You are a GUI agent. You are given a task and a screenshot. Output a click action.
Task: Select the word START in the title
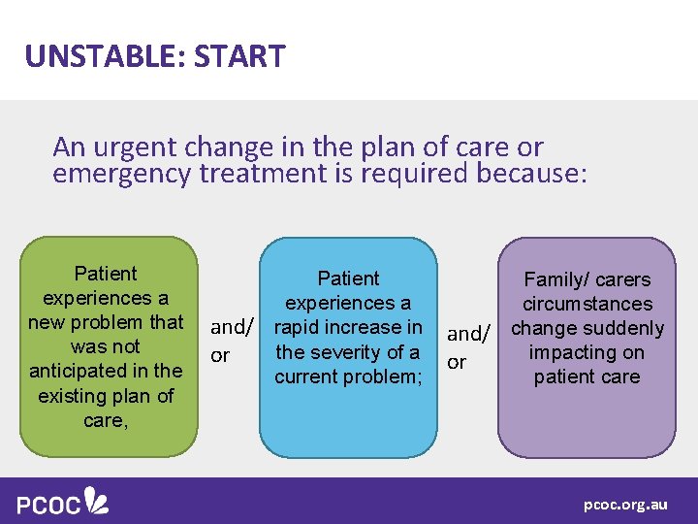(x=239, y=56)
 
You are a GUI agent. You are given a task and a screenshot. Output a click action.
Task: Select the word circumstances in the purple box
(x=587, y=304)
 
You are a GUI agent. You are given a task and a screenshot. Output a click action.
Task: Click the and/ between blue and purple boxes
(x=469, y=334)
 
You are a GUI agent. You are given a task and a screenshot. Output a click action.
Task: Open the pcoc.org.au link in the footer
(x=624, y=505)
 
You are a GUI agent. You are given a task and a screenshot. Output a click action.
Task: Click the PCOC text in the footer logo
(x=48, y=504)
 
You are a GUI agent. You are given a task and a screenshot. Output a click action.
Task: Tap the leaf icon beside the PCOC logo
(x=96, y=501)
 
